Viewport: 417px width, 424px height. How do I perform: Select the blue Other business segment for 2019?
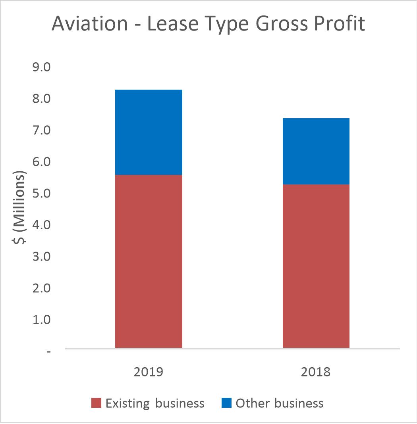[x=149, y=132]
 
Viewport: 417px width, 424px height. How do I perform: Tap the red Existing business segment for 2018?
[x=316, y=266]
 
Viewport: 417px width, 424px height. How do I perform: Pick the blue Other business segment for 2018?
[x=316, y=151]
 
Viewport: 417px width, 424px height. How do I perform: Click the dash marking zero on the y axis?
[x=49, y=351]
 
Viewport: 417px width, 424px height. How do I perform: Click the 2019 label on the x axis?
[x=149, y=372]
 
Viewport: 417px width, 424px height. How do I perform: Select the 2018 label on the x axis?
[x=316, y=372]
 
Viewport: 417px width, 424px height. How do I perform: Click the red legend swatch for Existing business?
[x=97, y=403]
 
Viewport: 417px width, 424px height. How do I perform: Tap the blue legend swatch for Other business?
[x=226, y=403]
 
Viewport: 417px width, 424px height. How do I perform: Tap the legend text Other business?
[x=280, y=403]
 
